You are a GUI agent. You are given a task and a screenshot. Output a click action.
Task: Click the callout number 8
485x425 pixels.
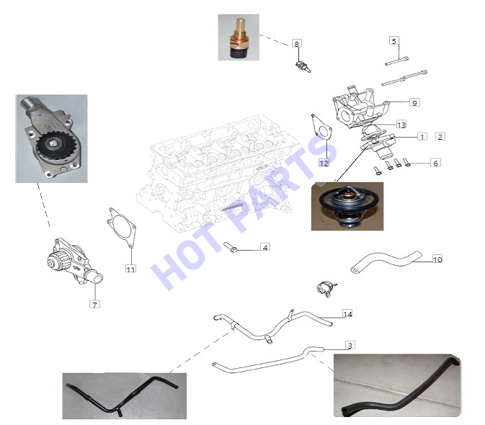point(297,44)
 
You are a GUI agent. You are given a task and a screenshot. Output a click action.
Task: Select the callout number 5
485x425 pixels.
point(393,41)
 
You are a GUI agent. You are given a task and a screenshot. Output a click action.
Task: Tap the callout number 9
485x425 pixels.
point(414,102)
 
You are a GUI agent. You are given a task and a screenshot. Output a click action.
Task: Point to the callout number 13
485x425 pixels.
point(401,125)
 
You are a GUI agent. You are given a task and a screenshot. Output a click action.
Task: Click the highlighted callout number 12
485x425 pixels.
point(324,163)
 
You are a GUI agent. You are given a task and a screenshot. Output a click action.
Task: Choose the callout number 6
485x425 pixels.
point(435,163)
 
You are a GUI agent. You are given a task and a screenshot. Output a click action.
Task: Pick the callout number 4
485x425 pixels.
point(265,247)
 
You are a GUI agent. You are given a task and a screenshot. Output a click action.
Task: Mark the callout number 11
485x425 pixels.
point(131,269)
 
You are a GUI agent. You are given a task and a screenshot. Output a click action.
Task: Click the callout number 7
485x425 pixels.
point(94,304)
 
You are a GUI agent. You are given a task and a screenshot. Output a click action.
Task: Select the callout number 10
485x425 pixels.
point(437,259)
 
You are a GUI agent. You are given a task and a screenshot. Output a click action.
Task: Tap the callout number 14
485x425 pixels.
point(347,314)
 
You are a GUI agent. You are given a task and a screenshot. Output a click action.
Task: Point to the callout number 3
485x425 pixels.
point(350,345)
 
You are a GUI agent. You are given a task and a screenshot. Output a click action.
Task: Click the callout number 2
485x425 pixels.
point(440,136)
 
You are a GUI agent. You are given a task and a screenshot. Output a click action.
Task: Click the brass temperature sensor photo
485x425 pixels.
point(239,37)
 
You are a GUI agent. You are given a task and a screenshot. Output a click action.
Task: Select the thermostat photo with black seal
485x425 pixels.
point(347,206)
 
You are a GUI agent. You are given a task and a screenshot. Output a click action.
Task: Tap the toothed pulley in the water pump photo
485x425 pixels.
point(52,147)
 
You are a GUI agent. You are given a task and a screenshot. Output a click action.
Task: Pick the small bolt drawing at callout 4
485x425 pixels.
point(231,247)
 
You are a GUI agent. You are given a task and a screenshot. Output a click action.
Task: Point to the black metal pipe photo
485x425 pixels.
point(125,396)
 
